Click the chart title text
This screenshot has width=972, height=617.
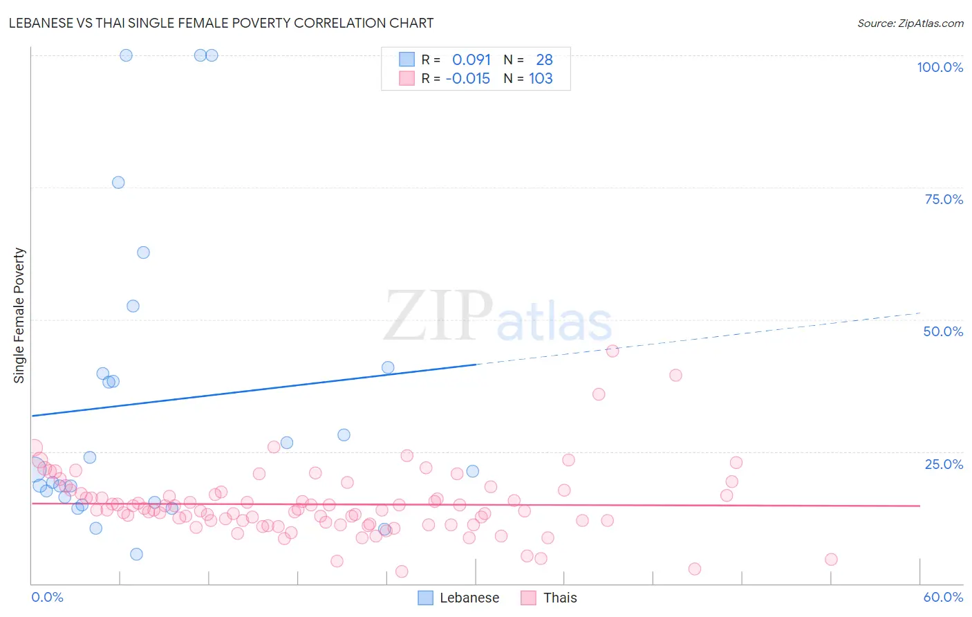(x=221, y=23)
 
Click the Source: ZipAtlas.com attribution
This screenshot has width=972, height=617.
(x=910, y=23)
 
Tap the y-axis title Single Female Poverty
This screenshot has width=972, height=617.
(x=19, y=315)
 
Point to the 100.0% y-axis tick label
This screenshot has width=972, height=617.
(x=940, y=67)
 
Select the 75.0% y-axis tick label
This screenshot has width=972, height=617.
(x=944, y=199)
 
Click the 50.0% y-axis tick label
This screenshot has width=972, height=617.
(x=943, y=331)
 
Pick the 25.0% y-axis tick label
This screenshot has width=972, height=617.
(x=944, y=464)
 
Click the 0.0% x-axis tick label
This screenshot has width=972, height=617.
(x=48, y=597)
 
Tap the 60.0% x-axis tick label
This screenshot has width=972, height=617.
(x=943, y=597)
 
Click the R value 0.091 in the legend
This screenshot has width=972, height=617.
(x=471, y=60)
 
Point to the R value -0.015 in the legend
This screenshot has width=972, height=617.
(x=468, y=79)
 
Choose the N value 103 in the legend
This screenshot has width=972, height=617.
(x=541, y=79)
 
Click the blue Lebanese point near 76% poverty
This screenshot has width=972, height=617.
(x=118, y=183)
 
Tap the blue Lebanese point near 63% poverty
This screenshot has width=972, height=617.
(x=143, y=252)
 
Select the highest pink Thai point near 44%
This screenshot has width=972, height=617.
(x=613, y=351)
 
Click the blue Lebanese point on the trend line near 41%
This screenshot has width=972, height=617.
(x=388, y=367)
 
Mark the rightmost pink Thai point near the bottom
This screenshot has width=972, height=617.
(x=831, y=560)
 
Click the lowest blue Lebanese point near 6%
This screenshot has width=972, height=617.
(x=136, y=554)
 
